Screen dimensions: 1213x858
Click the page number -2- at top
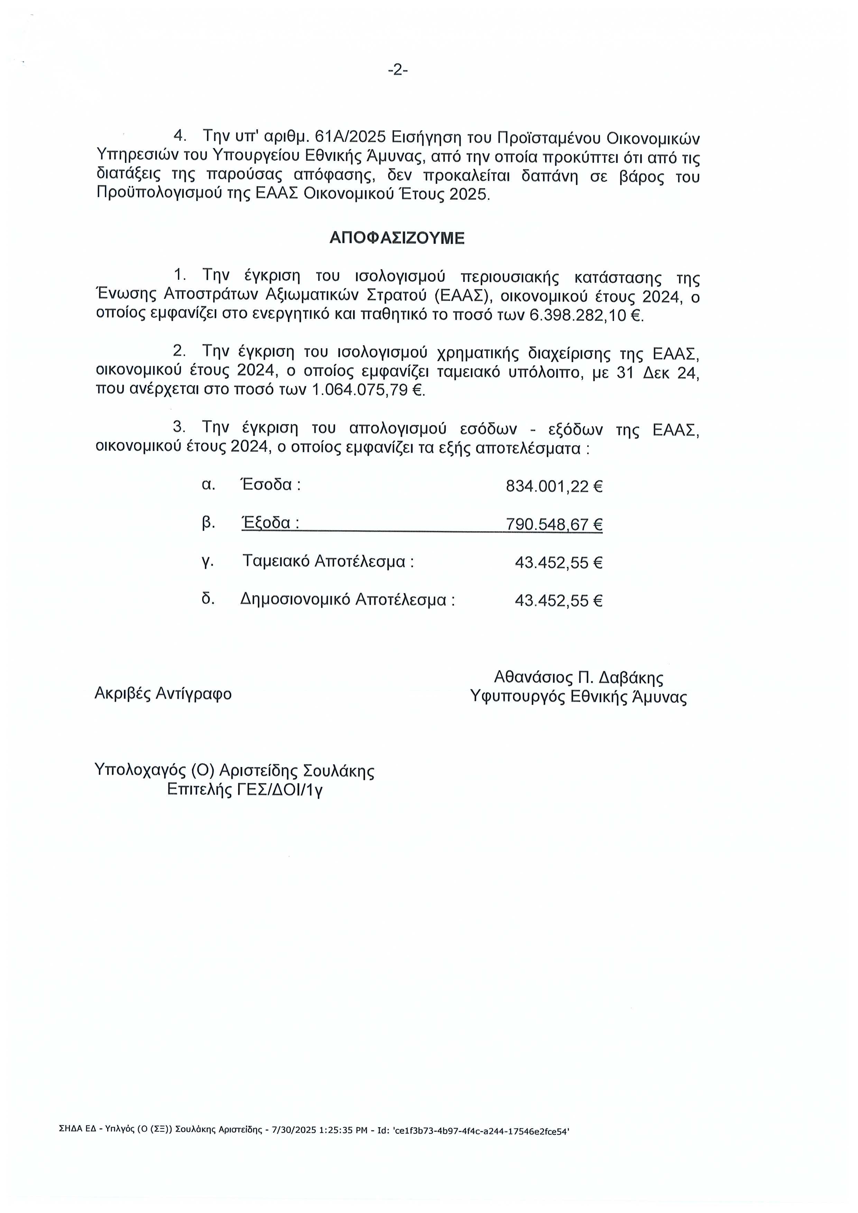[x=397, y=70]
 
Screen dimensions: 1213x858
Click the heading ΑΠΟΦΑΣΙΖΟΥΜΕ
[x=397, y=238]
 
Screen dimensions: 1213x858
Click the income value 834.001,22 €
[x=554, y=486]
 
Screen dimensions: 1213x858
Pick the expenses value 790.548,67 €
[x=554, y=524]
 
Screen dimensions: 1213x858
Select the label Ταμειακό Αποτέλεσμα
[x=327, y=561]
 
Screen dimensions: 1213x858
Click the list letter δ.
[x=207, y=599]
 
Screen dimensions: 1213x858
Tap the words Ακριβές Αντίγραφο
[x=163, y=693]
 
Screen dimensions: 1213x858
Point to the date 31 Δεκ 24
[x=658, y=373]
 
